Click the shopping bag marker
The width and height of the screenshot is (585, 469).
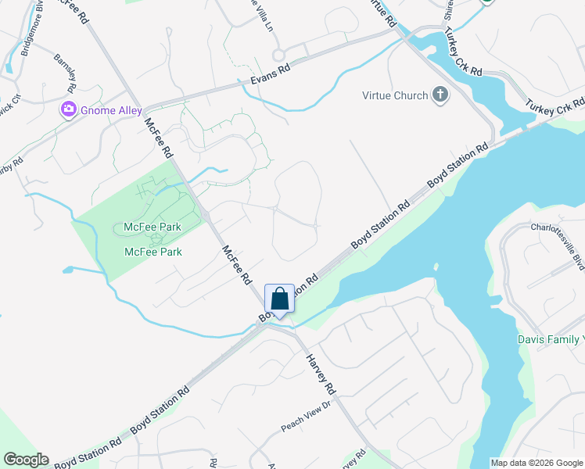pos(280,299)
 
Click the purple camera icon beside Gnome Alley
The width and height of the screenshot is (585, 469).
pos(69,110)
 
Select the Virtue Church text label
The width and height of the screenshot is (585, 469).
pos(395,95)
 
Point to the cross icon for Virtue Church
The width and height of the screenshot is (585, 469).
pos(440,95)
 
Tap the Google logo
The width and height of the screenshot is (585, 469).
pos(26,460)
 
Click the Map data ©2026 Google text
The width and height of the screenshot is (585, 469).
pos(537,463)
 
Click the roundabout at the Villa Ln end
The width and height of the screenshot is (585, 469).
pos(278,55)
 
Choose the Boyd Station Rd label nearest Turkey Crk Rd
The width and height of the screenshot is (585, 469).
pos(458,165)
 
